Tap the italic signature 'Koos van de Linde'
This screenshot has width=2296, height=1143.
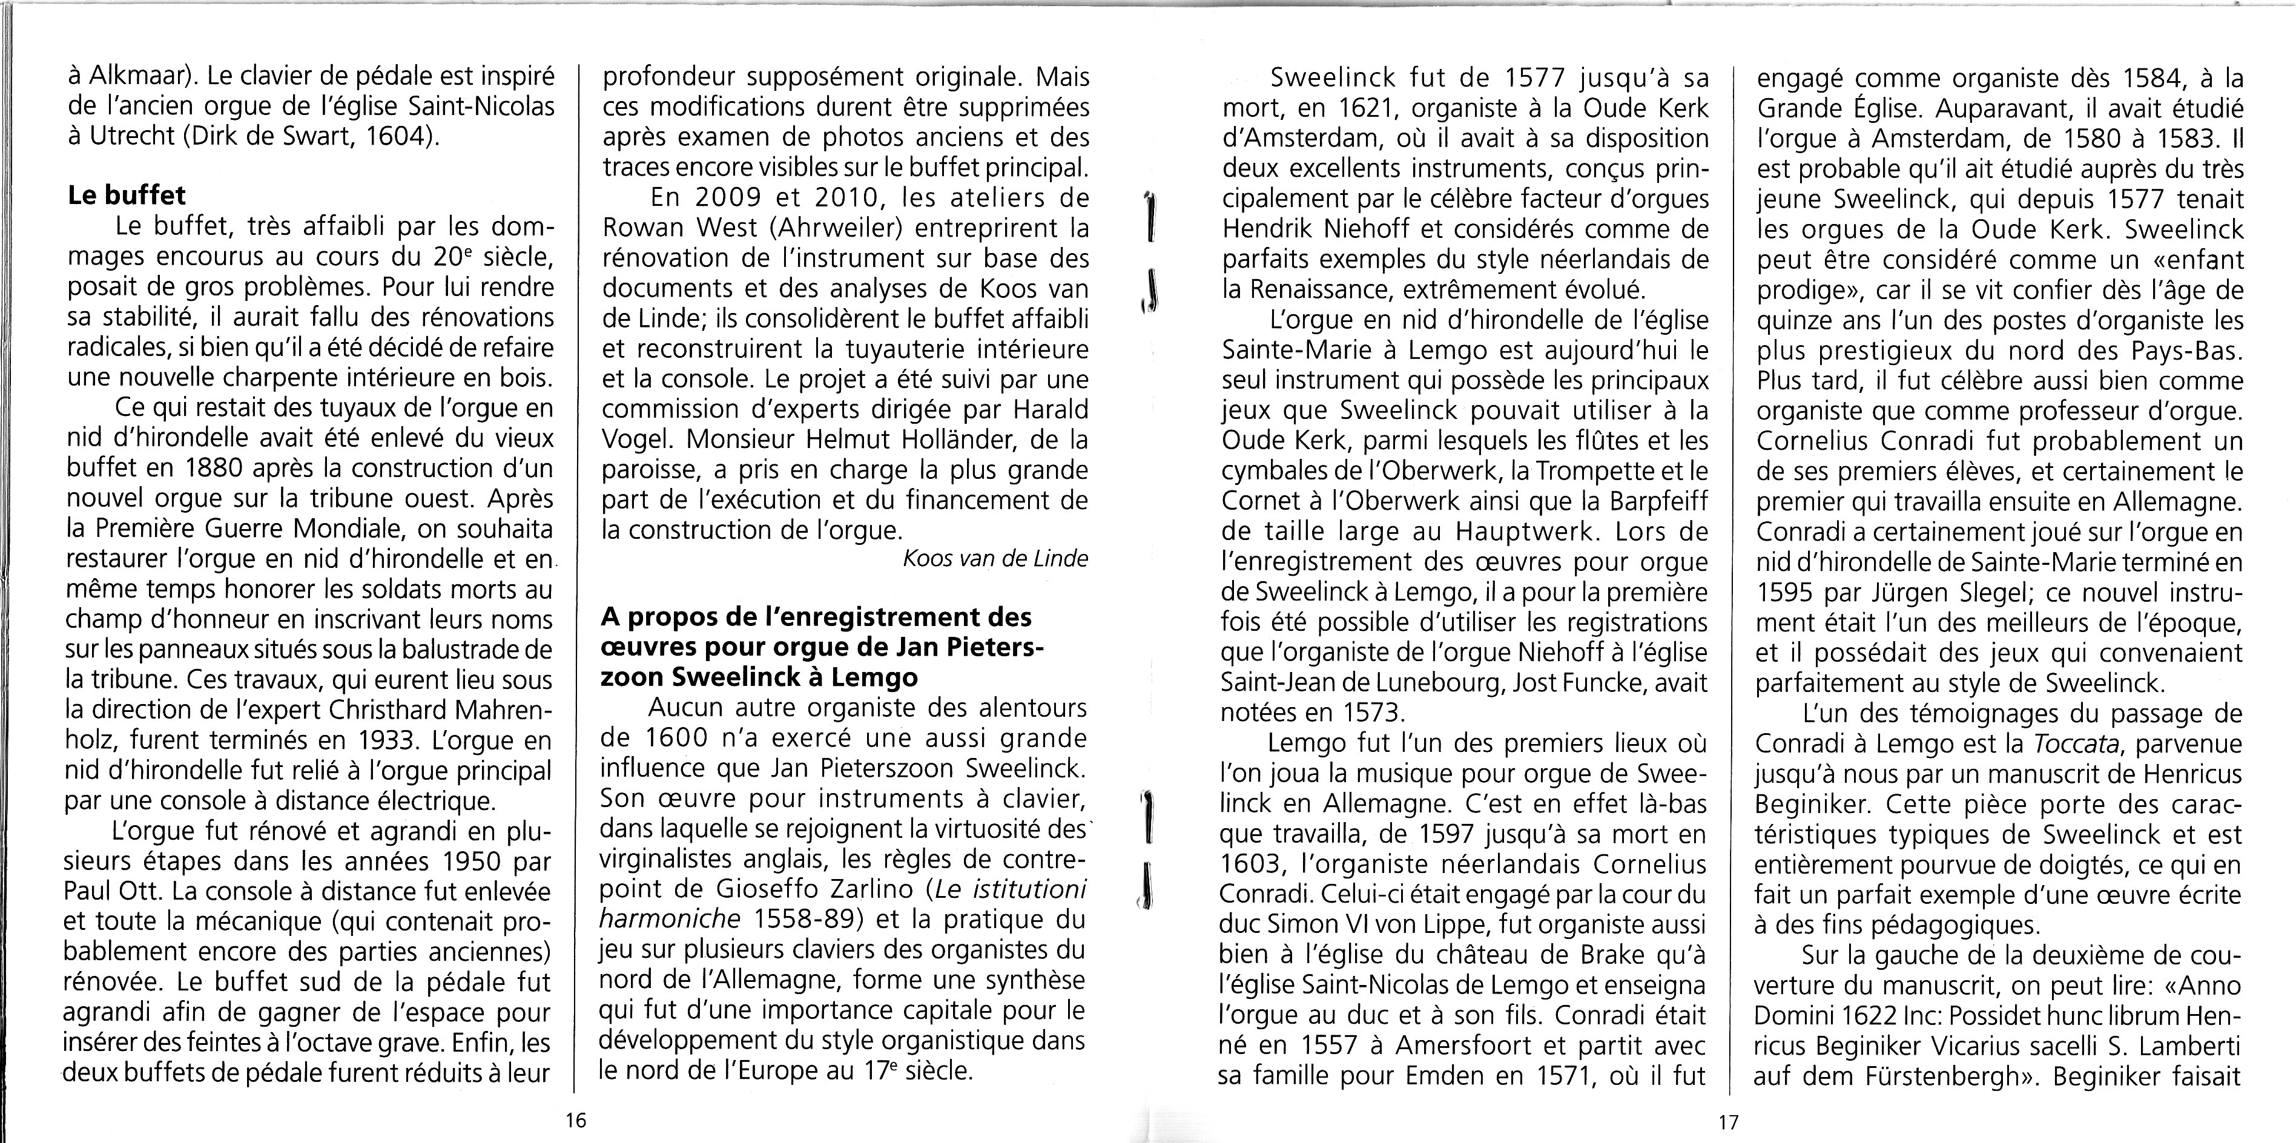pyautogui.click(x=995, y=559)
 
